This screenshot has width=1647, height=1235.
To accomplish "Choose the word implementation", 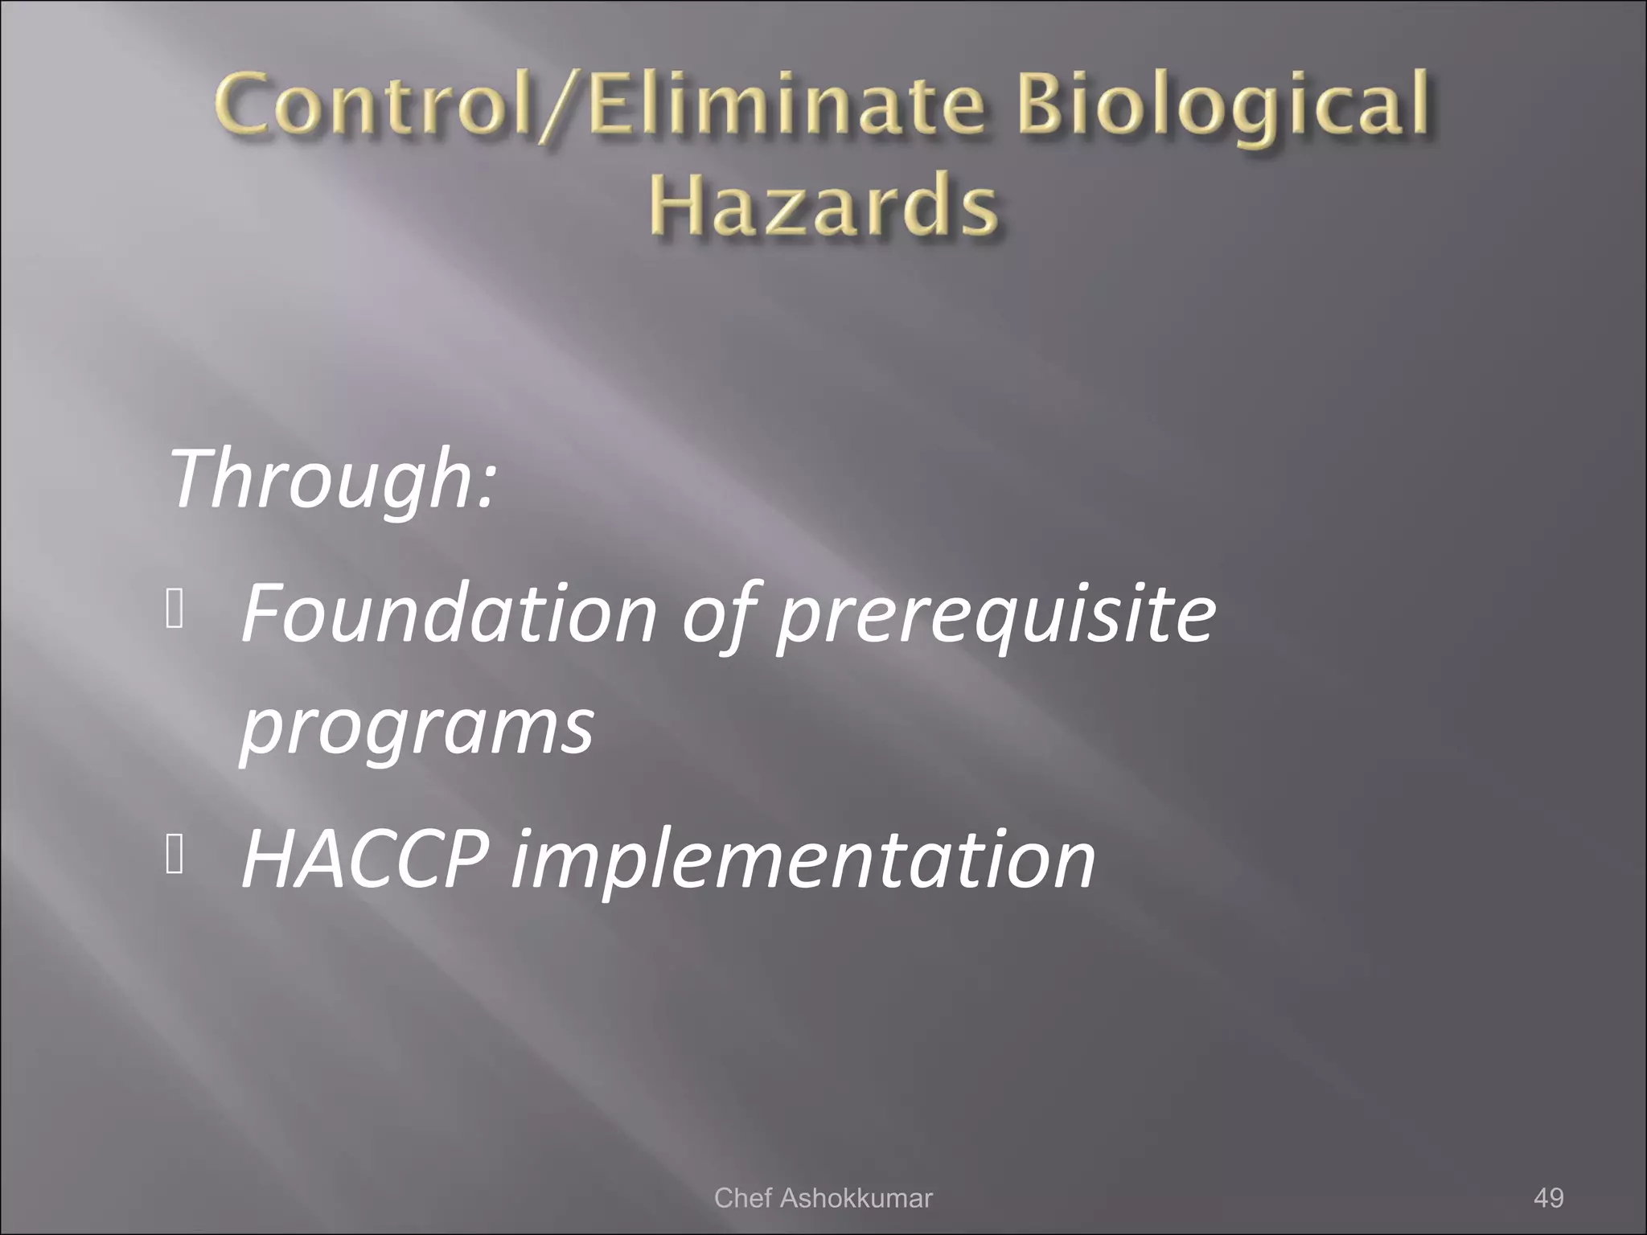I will tap(803, 860).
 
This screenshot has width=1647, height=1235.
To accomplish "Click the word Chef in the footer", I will tap(743, 1198).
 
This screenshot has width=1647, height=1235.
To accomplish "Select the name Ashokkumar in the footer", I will tap(856, 1198).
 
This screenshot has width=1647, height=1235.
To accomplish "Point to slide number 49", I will tap(1548, 1198).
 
